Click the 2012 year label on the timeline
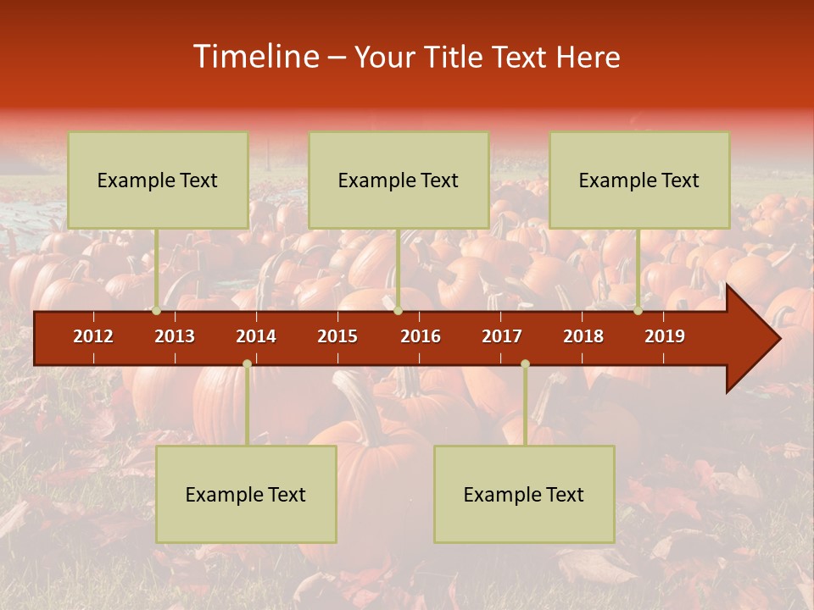pyautogui.click(x=93, y=336)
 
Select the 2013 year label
pyautogui.click(x=175, y=336)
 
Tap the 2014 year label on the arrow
pyautogui.click(x=256, y=336)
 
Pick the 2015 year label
pyautogui.click(x=337, y=336)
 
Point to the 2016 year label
pyautogui.click(x=421, y=336)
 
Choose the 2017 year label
pyautogui.click(x=502, y=336)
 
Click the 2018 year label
pyautogui.click(x=583, y=336)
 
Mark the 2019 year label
pyautogui.click(x=665, y=336)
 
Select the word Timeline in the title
pyautogui.click(x=254, y=57)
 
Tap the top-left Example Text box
pyautogui.click(x=158, y=180)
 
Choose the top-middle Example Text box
pyautogui.click(x=399, y=180)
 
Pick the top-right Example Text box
pyautogui.click(x=639, y=180)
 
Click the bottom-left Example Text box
pyautogui.click(x=246, y=494)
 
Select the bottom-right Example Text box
pyautogui.click(x=524, y=494)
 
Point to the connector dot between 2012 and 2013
pyautogui.click(x=157, y=311)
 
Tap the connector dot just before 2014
pyautogui.click(x=247, y=363)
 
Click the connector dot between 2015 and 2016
pyautogui.click(x=398, y=311)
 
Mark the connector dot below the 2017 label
pyautogui.click(x=525, y=363)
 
